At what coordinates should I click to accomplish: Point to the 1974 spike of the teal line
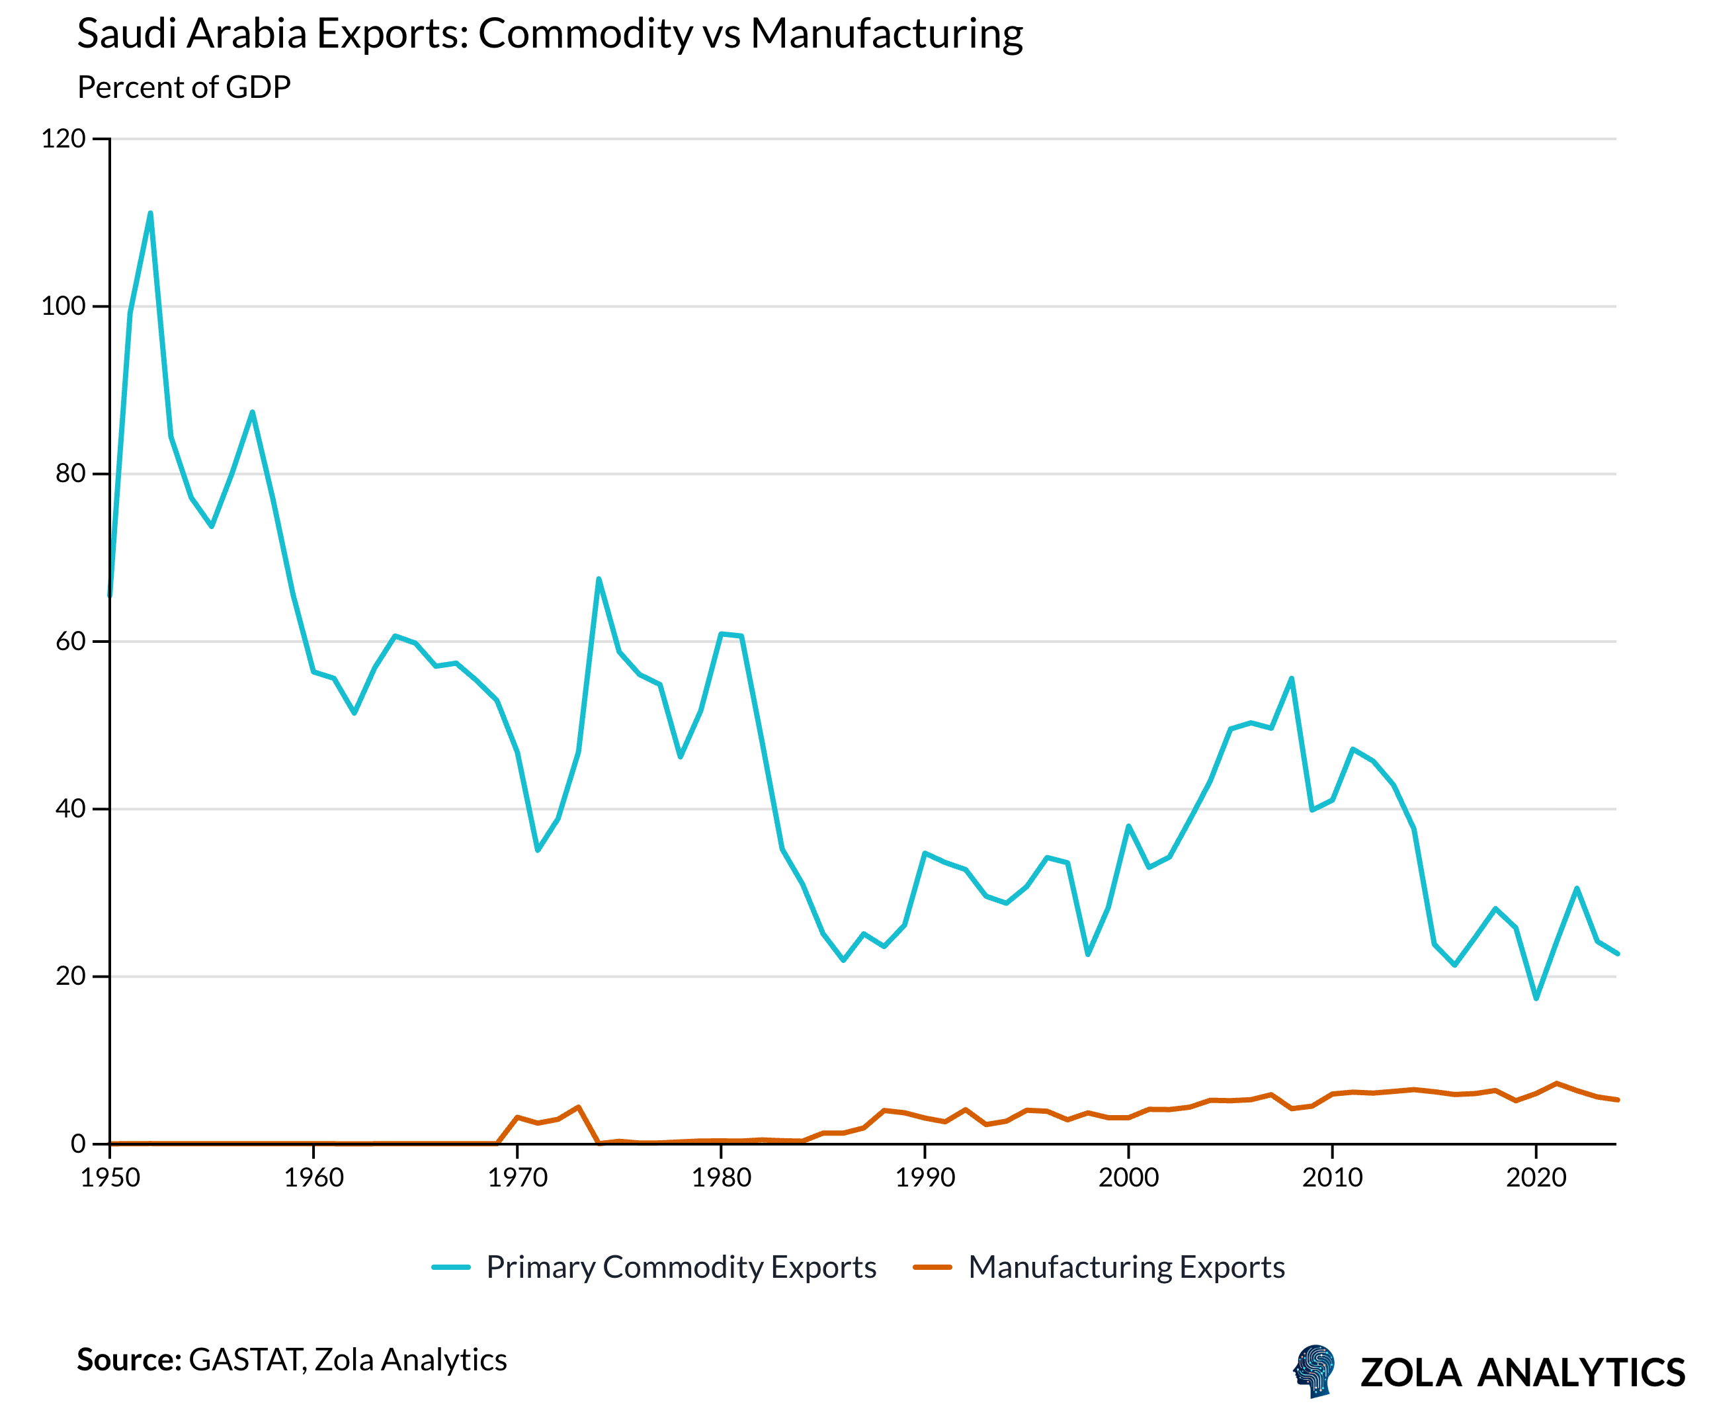click(598, 579)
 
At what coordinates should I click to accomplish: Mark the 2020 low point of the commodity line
click(1536, 998)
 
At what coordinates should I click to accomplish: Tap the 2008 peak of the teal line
click(1292, 678)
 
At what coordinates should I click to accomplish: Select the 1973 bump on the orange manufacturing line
click(578, 1107)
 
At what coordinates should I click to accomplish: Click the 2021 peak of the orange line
click(1556, 1083)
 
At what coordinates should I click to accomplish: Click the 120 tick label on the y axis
click(63, 138)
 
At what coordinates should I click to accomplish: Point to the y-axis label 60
click(70, 642)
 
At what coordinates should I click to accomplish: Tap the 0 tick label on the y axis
click(78, 1144)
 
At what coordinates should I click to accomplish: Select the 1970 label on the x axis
click(517, 1178)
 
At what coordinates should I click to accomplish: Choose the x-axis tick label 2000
click(1128, 1178)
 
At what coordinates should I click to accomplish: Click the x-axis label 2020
click(1536, 1178)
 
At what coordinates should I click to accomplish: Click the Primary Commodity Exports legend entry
click(681, 1267)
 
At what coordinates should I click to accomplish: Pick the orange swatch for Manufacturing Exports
click(932, 1267)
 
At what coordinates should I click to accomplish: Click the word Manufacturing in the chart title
click(886, 34)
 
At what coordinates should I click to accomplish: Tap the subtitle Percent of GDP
click(184, 87)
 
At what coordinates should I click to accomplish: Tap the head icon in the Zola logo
click(1313, 1371)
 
